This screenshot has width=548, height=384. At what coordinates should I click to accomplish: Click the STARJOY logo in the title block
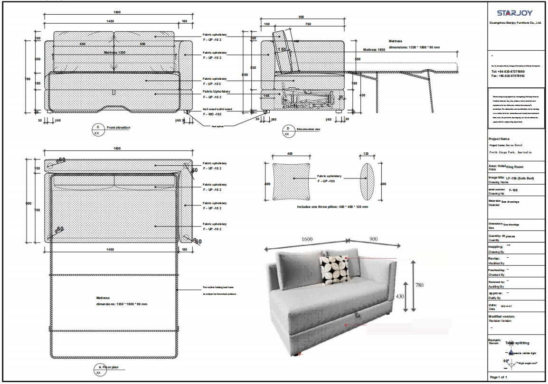coord(515,12)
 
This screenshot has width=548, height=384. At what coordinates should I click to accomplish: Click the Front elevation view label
coord(118,127)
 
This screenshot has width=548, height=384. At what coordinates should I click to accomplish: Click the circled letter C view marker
coord(98,127)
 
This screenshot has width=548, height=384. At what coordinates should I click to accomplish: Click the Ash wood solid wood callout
coord(217,109)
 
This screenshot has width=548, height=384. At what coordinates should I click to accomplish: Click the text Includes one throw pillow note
coord(332,207)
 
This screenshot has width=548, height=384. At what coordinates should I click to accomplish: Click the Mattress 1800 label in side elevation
coord(374,49)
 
